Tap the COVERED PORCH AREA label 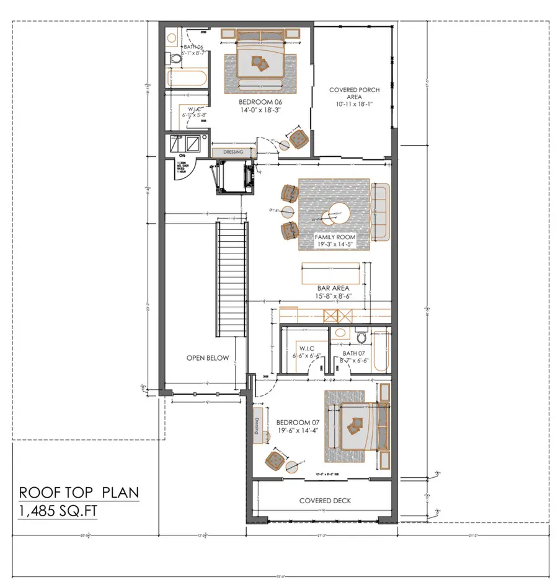tap(354, 94)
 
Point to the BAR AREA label tap(333, 288)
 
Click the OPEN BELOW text tap(208, 358)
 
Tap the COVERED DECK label tap(322, 501)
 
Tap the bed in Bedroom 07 tap(356, 424)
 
